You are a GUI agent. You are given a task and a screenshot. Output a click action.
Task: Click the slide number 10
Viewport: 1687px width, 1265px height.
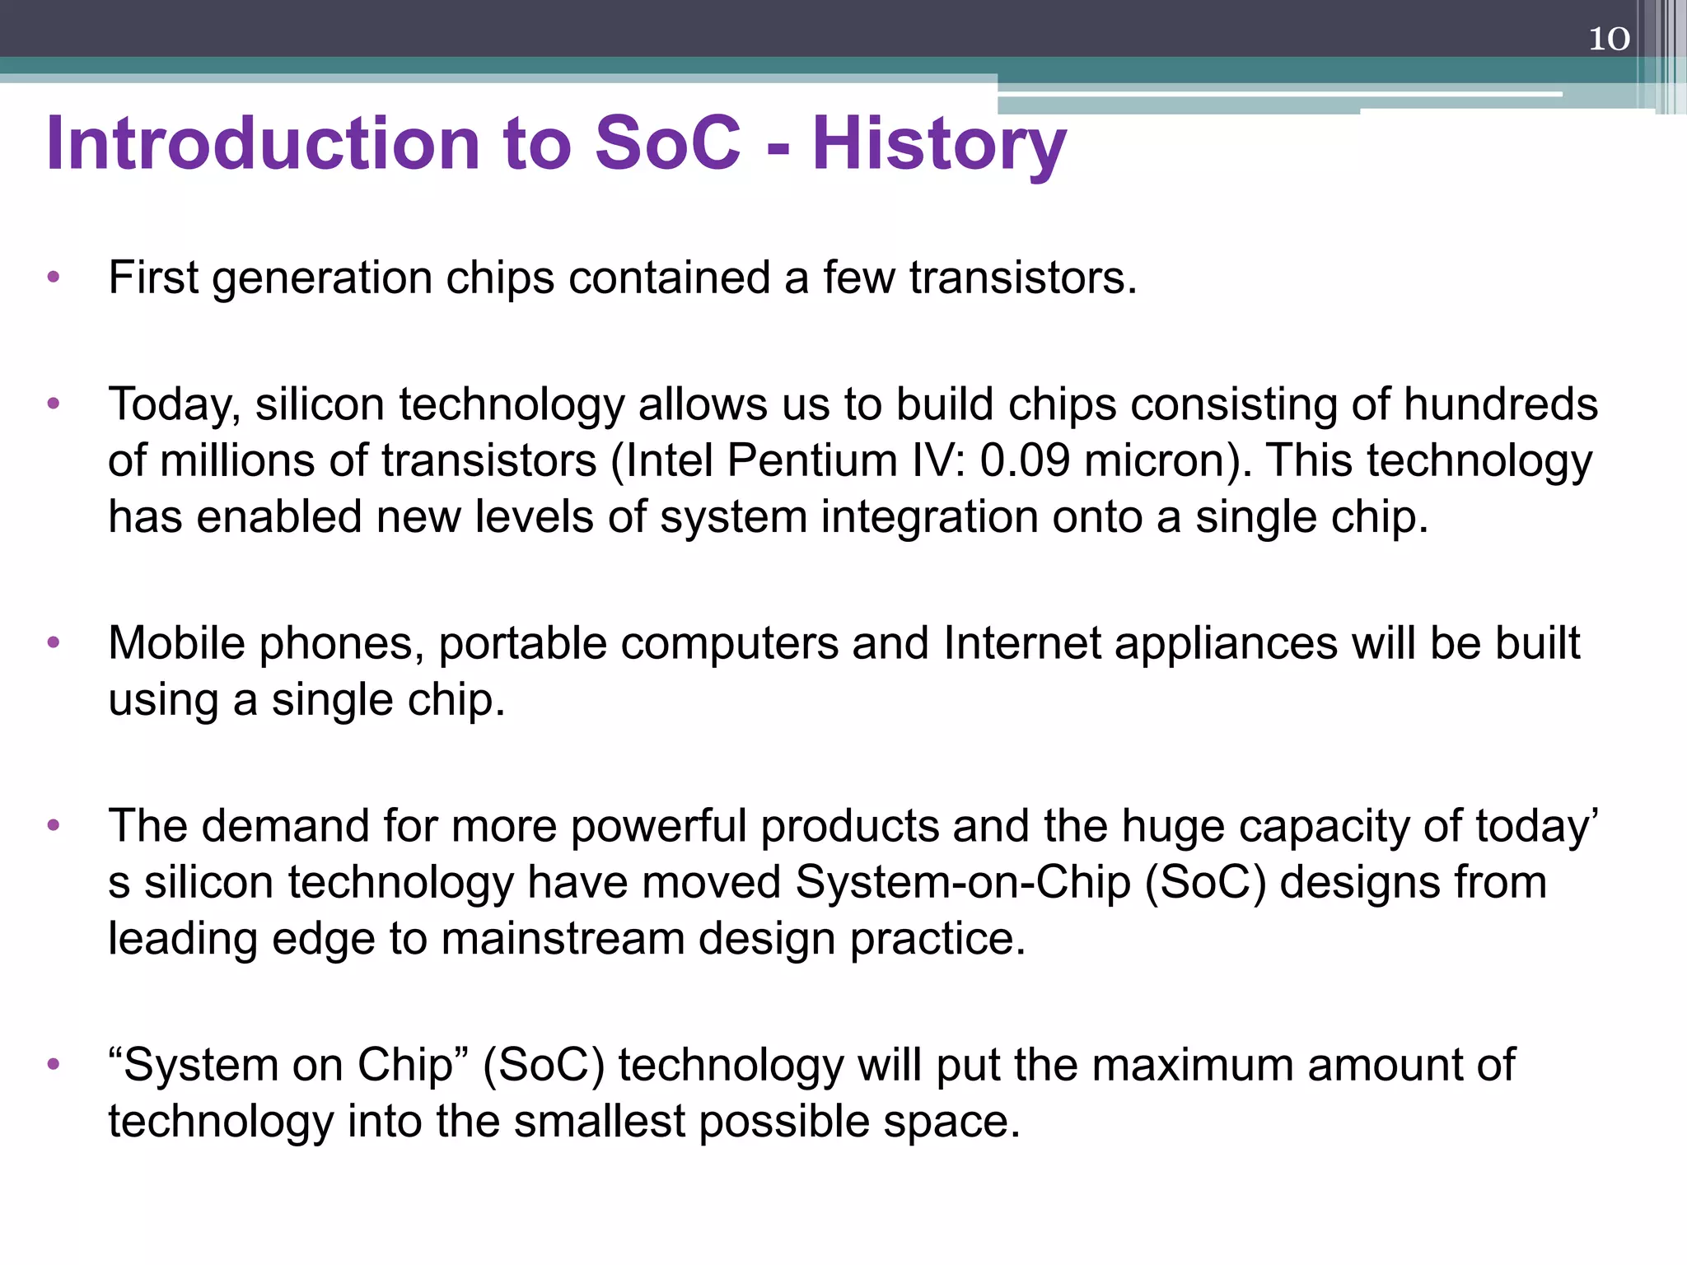(x=1608, y=39)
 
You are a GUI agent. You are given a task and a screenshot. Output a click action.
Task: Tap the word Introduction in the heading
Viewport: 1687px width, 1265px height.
(x=263, y=143)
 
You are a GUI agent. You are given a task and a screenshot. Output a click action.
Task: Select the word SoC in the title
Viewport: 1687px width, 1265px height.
(x=667, y=143)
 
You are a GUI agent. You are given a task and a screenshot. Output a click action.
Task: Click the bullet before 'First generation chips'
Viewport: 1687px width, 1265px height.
(x=54, y=278)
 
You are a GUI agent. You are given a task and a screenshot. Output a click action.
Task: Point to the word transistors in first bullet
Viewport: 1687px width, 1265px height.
(x=1022, y=278)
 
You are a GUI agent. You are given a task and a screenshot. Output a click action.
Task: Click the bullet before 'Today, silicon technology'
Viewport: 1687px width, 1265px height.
(x=54, y=404)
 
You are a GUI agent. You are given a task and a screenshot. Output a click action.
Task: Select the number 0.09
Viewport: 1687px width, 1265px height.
(x=1025, y=460)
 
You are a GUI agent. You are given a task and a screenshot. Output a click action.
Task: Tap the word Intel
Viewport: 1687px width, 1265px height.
(x=669, y=460)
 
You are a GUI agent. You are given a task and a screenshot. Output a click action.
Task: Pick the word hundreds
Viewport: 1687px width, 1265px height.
(x=1500, y=404)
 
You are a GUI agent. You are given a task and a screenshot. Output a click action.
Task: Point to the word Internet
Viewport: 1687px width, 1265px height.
(x=1021, y=643)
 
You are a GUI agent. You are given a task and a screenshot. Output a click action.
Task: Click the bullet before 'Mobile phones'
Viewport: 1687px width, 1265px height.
(x=54, y=643)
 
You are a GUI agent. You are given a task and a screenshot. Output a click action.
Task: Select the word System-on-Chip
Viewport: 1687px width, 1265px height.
(x=962, y=882)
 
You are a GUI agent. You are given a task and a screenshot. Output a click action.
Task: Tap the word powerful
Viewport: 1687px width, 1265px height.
(x=657, y=826)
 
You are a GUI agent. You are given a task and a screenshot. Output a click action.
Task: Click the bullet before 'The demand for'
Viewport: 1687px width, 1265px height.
(x=54, y=826)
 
